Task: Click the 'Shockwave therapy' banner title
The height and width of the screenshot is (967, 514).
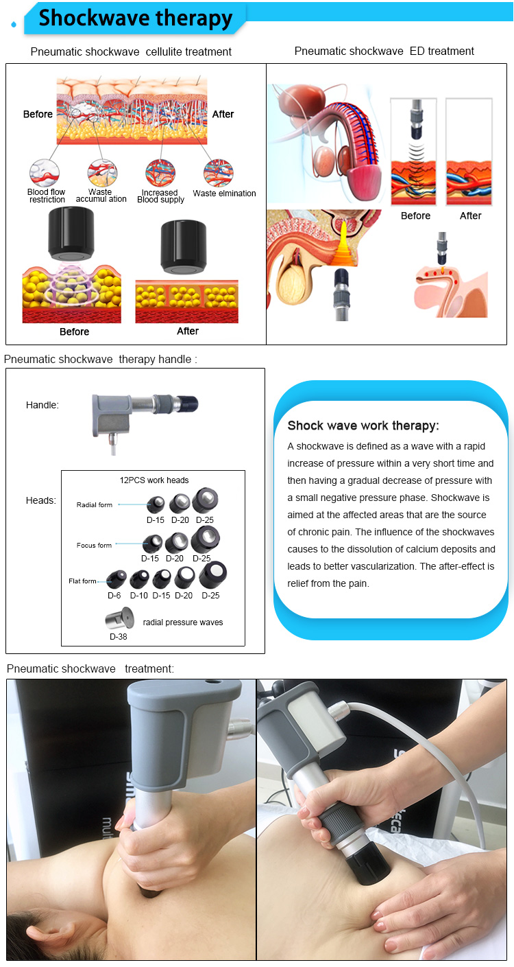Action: pos(135,19)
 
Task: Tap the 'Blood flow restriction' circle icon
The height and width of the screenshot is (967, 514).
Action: pos(45,172)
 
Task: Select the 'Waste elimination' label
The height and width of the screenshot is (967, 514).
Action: pos(224,194)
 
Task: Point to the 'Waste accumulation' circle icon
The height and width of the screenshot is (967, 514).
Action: pos(101,172)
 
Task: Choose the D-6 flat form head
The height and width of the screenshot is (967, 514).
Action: pos(116,580)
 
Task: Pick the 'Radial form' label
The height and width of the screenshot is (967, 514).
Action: pos(95,505)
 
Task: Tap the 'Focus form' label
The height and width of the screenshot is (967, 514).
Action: pos(94,546)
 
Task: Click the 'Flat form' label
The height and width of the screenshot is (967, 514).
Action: pos(82,581)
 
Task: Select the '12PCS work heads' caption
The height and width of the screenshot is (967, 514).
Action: pos(154,480)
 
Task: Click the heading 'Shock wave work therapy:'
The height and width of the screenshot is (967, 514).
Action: pos(363,426)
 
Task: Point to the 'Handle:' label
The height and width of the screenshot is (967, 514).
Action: pos(42,405)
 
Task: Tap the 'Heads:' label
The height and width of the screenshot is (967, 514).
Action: pos(41,500)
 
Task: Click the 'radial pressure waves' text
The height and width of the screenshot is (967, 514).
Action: pos(183,622)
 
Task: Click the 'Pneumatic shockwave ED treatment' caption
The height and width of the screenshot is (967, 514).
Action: pos(384,51)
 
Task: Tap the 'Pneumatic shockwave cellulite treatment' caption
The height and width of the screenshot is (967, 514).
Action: pos(131,51)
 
